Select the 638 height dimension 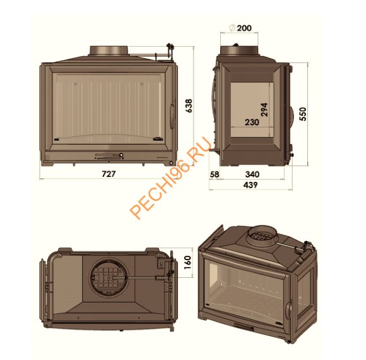tap(188, 107)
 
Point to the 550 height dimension tap(304, 113)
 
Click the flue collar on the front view tap(110, 50)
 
